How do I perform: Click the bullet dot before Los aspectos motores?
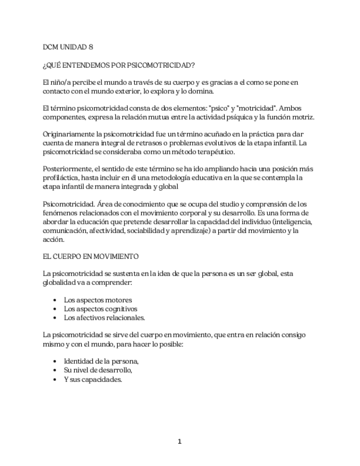pyautogui.click(x=55, y=301)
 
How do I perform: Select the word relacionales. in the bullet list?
pyautogui.click(x=125, y=318)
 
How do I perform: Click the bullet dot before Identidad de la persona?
pyautogui.click(x=55, y=362)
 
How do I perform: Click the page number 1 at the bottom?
pyautogui.click(x=180, y=441)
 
